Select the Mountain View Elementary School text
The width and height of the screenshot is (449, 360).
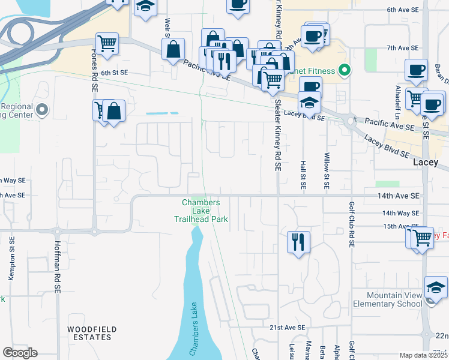395,299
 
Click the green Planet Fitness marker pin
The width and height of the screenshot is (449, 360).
344,71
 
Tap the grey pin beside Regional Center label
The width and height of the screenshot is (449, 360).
41,110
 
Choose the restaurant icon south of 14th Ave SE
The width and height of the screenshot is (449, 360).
298,242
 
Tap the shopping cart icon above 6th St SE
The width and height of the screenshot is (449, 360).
107,44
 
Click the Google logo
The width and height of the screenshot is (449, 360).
20,353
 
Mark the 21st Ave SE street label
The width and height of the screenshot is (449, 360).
284,328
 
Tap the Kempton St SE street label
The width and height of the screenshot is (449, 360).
11,259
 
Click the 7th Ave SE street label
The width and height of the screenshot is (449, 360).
402,47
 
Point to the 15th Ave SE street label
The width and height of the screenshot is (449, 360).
397,226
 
